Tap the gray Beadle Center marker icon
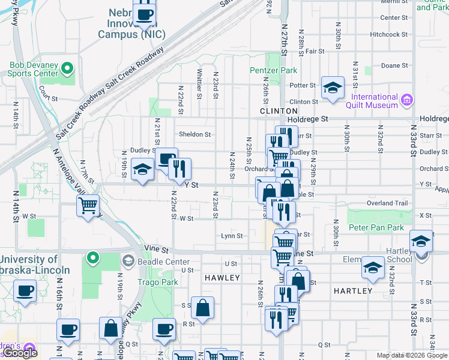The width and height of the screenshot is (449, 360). point(128,261)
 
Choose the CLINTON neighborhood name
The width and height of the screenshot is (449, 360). point(279,111)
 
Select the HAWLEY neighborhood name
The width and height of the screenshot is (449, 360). point(222,278)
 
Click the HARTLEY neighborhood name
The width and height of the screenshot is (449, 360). point(352,290)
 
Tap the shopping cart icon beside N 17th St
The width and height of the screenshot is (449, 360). point(88,206)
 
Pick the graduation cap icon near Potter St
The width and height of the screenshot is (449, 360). point(332,88)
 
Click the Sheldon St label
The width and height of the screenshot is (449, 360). point(195,134)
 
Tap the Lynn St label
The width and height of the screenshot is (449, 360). point(231,236)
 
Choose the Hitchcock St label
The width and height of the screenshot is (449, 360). point(388,34)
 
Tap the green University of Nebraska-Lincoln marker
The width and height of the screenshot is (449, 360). point(92,259)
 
